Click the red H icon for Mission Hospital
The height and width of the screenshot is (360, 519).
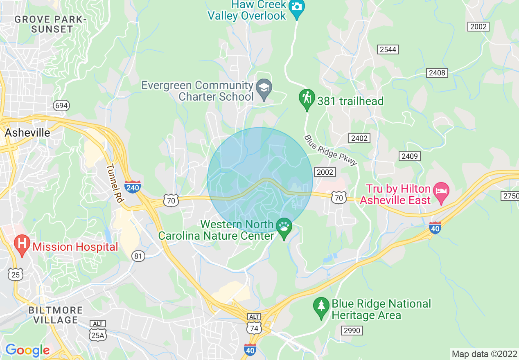(22, 244)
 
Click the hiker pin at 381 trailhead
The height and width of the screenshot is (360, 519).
(307, 99)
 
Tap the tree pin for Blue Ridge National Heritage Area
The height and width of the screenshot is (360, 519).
(321, 307)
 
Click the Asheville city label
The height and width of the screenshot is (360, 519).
(27, 133)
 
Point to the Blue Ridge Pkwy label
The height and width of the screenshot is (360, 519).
(331, 150)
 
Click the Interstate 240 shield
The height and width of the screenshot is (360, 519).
(133, 187)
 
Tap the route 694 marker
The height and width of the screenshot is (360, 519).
(61, 106)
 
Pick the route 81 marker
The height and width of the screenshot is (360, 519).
(138, 256)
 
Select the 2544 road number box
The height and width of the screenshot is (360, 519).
(388, 49)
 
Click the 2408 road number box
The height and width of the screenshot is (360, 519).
(437, 73)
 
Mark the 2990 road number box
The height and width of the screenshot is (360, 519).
(351, 330)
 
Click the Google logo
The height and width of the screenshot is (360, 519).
(27, 350)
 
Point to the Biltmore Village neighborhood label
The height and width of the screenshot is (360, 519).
(56, 315)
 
